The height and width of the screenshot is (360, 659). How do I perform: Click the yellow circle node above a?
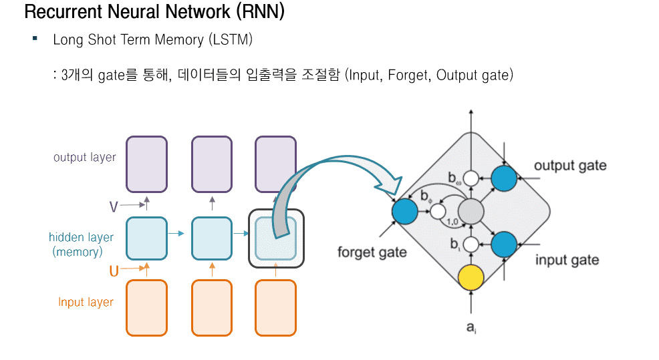pyautogui.click(x=472, y=279)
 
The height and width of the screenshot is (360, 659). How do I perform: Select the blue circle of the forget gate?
pyautogui.click(x=404, y=211)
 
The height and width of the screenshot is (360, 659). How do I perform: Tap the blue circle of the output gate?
pyautogui.click(x=504, y=178)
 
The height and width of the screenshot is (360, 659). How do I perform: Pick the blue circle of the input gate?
pyautogui.click(x=504, y=244)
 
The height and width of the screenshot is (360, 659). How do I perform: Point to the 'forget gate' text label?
pyautogui.click(x=372, y=252)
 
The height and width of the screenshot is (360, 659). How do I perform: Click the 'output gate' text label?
pyautogui.click(x=570, y=165)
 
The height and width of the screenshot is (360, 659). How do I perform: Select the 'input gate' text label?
pyautogui.click(x=567, y=260)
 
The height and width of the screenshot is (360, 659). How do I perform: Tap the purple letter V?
pyautogui.click(x=114, y=207)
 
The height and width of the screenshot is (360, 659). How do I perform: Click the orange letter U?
pyautogui.click(x=114, y=272)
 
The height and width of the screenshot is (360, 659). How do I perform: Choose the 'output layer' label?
pyautogui.click(x=85, y=158)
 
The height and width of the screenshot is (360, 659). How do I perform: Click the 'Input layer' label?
pyautogui.click(x=86, y=302)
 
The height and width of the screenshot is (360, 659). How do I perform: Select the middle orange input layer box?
pyautogui.click(x=212, y=307)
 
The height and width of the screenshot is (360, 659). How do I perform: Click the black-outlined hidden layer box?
pyautogui.click(x=275, y=237)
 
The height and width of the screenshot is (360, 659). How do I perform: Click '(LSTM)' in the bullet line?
pyautogui.click(x=230, y=39)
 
